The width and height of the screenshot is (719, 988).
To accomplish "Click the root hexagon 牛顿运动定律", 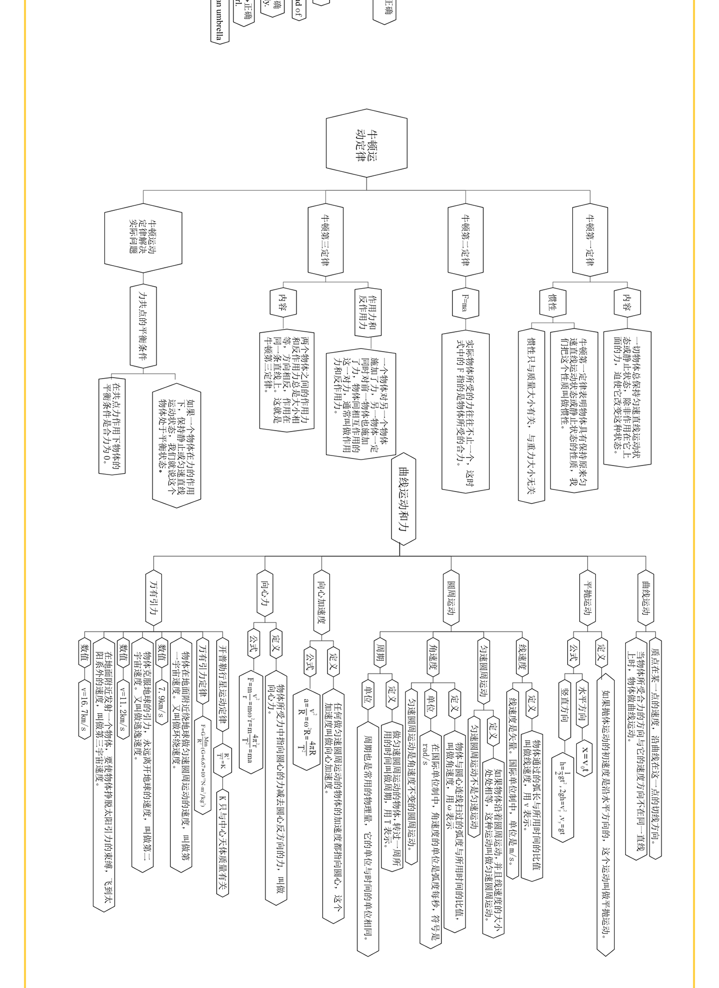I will (366, 143).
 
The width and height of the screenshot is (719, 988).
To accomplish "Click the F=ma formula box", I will (465, 302).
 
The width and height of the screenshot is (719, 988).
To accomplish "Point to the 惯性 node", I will (552, 302).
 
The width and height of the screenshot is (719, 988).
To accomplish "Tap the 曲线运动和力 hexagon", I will (403, 498).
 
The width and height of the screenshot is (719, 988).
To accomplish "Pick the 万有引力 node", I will (154, 597).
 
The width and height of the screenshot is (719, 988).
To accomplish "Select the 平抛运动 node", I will (588, 597).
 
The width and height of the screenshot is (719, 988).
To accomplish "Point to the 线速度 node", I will (522, 657).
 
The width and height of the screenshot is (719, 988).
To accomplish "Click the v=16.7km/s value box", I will (83, 708).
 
